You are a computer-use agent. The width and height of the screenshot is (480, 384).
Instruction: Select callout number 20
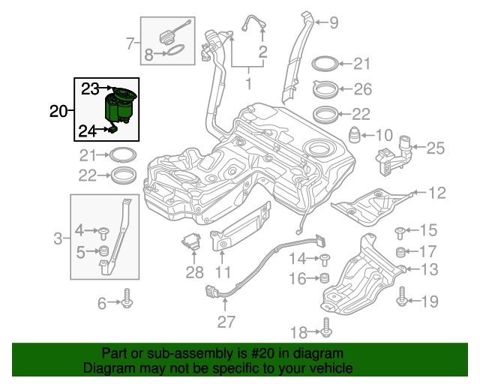coord(58,112)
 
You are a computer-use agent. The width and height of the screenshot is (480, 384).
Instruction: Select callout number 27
coord(226,322)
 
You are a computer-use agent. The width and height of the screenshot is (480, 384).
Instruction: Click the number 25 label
coord(436,148)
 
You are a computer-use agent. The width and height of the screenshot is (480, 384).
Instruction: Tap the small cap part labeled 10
coord(354,136)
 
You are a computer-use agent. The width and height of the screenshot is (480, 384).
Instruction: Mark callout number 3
coord(58,240)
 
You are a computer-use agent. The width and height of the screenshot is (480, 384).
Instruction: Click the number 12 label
coord(436,193)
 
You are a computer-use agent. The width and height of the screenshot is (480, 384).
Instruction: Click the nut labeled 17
coord(401,251)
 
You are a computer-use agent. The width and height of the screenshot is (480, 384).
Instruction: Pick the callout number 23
coord(90,88)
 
